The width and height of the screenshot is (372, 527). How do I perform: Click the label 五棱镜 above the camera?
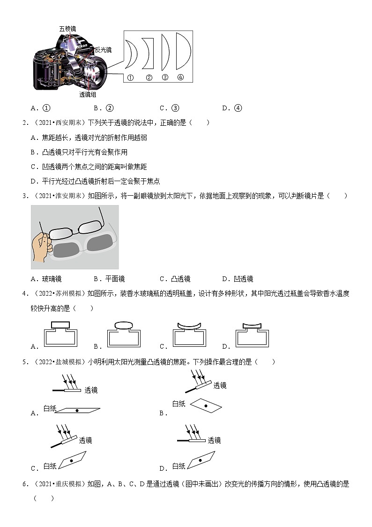click(68, 29)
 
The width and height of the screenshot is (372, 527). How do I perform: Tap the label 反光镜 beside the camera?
click(103, 50)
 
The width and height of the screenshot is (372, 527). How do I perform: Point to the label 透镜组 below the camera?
click(88, 94)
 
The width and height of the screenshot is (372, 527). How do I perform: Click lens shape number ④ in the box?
click(182, 51)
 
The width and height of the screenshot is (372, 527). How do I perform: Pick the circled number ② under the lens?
click(149, 78)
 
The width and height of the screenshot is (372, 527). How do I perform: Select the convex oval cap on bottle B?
click(124, 325)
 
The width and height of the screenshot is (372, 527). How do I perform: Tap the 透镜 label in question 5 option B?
click(220, 385)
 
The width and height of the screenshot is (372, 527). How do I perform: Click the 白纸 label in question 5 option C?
click(50, 466)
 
